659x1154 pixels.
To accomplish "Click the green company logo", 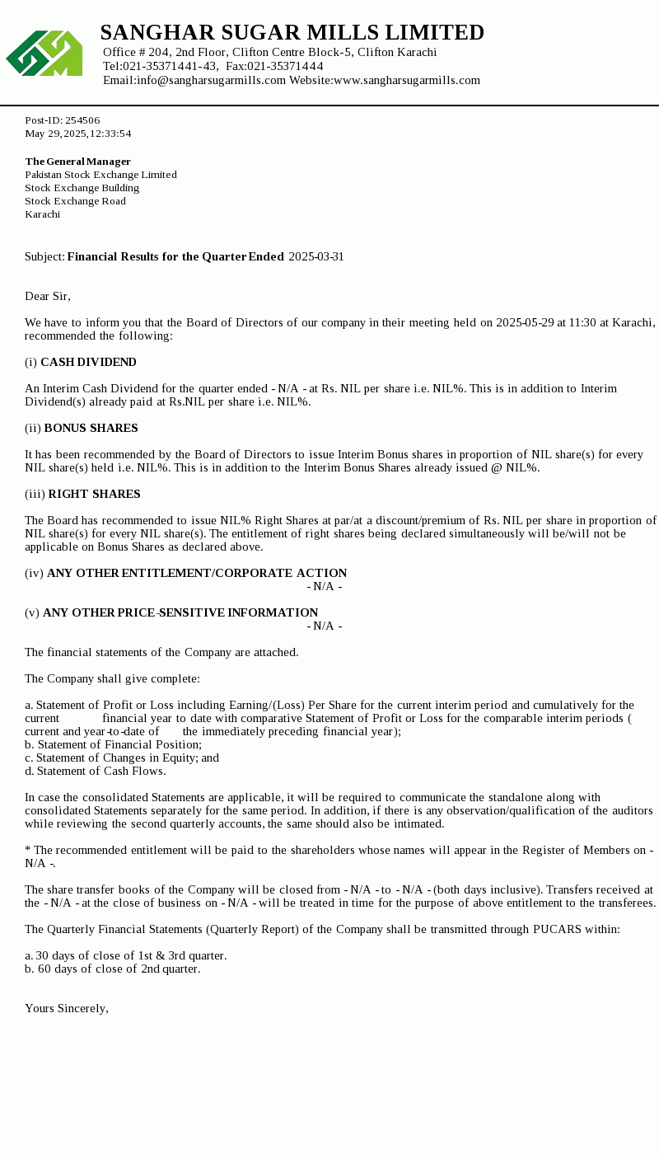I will pyautogui.click(x=44, y=54).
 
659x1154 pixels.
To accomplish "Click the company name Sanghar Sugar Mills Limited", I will pyautogui.click(x=292, y=33).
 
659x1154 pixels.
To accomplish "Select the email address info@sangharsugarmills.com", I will pyautogui.click(x=211, y=80).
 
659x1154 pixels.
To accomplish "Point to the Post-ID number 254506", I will pyautogui.click(x=82, y=120).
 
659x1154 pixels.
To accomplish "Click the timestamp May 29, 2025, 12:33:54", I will pyautogui.click(x=78, y=134).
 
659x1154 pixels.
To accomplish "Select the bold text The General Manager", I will pyautogui.click(x=78, y=162).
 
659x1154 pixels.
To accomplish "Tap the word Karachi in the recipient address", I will pyautogui.click(x=43, y=214).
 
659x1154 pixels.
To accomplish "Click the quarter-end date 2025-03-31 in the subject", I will pyautogui.click(x=316, y=257).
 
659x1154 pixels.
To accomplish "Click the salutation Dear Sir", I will pyautogui.click(x=48, y=296).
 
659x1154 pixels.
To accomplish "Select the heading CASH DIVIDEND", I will pyautogui.click(x=88, y=363).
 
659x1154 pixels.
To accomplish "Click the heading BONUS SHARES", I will pyautogui.click(x=91, y=429).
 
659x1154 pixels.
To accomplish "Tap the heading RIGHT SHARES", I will pyautogui.click(x=94, y=495).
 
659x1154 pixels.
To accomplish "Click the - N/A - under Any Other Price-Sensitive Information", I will pyautogui.click(x=325, y=626).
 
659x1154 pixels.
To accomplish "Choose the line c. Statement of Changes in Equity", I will pyautogui.click(x=122, y=758).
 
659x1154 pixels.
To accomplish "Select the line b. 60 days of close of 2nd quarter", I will pyautogui.click(x=113, y=969).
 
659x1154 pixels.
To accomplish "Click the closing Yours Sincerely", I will pyautogui.click(x=67, y=1009).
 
